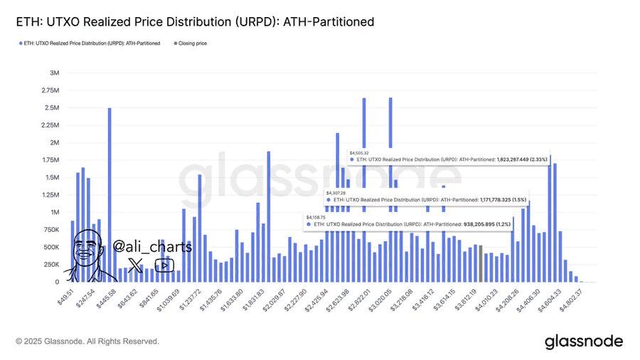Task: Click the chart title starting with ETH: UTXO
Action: (x=194, y=23)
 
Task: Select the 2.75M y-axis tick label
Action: (x=50, y=90)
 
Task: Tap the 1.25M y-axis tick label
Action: (x=50, y=195)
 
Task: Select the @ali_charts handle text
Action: (x=152, y=247)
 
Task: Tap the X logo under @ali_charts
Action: (x=135, y=265)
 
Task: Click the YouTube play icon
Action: (x=164, y=265)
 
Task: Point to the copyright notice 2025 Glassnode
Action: (x=87, y=342)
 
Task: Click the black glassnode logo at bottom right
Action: (x=583, y=342)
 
